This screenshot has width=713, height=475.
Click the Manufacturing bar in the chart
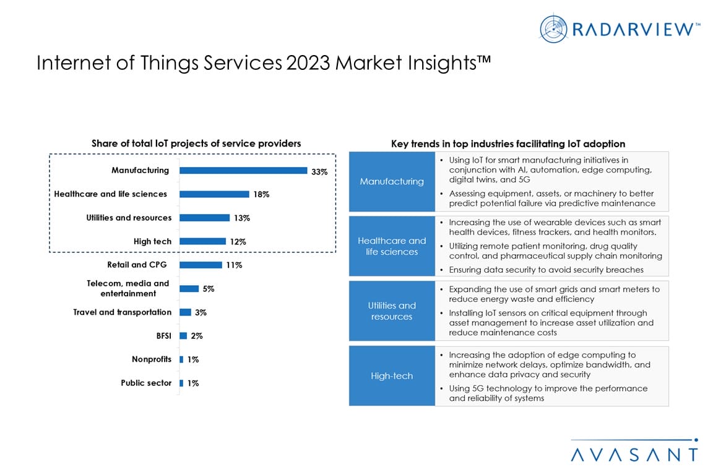(x=243, y=171)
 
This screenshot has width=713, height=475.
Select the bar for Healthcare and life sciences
(x=214, y=194)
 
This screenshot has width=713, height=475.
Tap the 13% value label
(x=242, y=218)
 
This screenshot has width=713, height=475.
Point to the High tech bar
(x=202, y=241)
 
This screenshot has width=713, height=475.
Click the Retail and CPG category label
(x=137, y=265)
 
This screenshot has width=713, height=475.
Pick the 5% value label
(x=209, y=289)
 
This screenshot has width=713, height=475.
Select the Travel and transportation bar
(x=185, y=312)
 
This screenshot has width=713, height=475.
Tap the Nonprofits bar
(x=181, y=359)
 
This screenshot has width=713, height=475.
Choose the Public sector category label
(x=146, y=383)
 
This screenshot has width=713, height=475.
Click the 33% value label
(x=319, y=172)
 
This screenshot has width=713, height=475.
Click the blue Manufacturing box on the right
(x=392, y=181)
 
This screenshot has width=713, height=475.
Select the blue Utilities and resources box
(x=392, y=311)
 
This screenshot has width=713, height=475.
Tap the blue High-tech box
(x=392, y=376)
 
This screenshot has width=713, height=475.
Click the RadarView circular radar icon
(x=553, y=28)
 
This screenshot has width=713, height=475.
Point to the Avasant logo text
(x=634, y=454)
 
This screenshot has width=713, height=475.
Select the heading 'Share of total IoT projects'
(x=196, y=143)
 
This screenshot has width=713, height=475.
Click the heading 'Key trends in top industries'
(x=508, y=143)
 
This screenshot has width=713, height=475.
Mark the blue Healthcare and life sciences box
(x=392, y=246)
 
